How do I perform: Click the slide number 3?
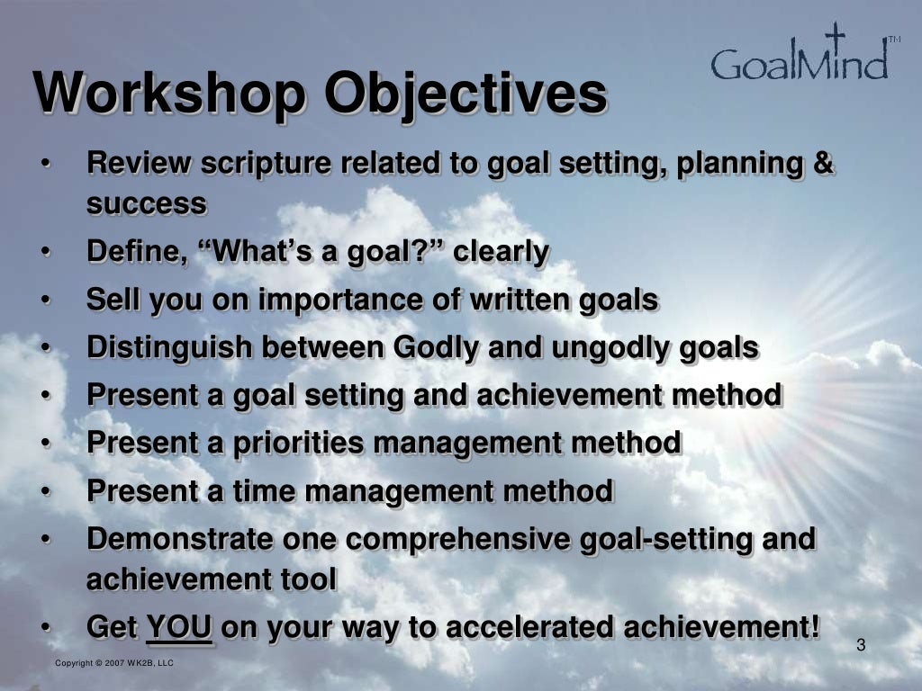861,644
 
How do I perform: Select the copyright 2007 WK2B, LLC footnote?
114,663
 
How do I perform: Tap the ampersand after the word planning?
825,164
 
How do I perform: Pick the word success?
147,204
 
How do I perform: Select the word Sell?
112,301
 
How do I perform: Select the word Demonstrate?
179,539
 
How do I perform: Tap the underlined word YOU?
179,627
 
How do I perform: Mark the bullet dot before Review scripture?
45,165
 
